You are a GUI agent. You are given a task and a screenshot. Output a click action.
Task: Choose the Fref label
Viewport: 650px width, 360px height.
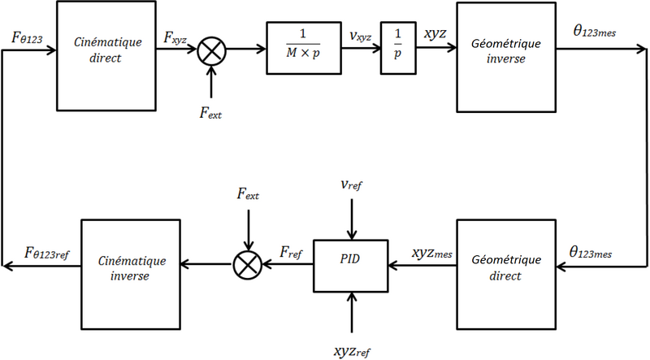pyautogui.click(x=290, y=254)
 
